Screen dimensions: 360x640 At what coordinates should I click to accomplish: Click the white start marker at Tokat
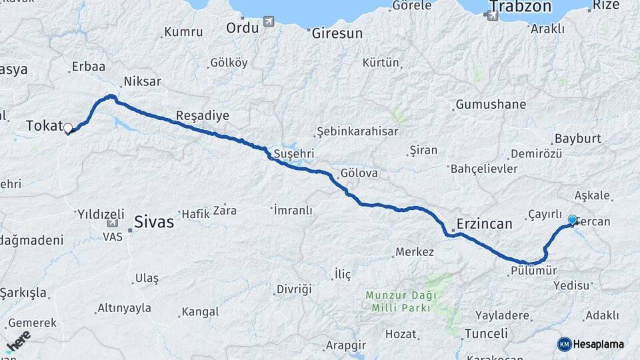[x=67, y=127]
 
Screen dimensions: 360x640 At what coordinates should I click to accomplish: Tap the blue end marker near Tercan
[x=572, y=220]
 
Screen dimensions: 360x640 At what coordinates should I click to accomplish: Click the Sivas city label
[x=154, y=221]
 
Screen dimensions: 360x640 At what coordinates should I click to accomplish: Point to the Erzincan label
[x=485, y=224]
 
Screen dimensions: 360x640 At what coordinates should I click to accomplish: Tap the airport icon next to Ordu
[x=269, y=21]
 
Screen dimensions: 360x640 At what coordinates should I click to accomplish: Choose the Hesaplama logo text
[x=598, y=344]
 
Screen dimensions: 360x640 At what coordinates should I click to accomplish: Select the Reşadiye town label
[x=202, y=115]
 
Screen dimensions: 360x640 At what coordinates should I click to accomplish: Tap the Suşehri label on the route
[x=294, y=154]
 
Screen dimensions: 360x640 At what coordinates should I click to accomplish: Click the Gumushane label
[x=491, y=105]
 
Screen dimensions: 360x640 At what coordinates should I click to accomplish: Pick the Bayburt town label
[x=577, y=138]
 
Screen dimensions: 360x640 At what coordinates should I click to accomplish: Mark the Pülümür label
[x=533, y=271]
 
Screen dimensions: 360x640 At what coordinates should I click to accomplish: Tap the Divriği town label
[x=294, y=289]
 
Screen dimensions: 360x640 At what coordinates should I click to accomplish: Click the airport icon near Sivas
[x=109, y=225]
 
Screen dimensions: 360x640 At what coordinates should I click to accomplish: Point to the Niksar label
[x=142, y=81]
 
